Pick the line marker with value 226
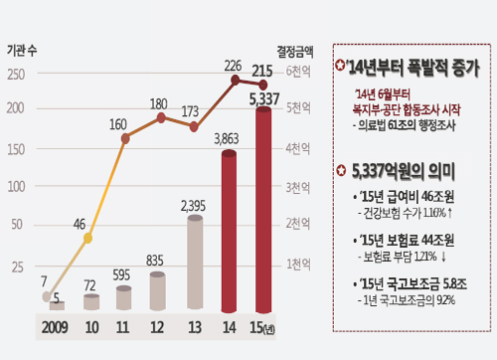coord(236,80)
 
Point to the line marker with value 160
coord(125,138)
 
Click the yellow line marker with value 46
coord(88,239)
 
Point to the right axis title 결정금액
coord(295,49)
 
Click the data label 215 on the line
coord(262,71)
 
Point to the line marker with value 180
coord(161,117)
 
